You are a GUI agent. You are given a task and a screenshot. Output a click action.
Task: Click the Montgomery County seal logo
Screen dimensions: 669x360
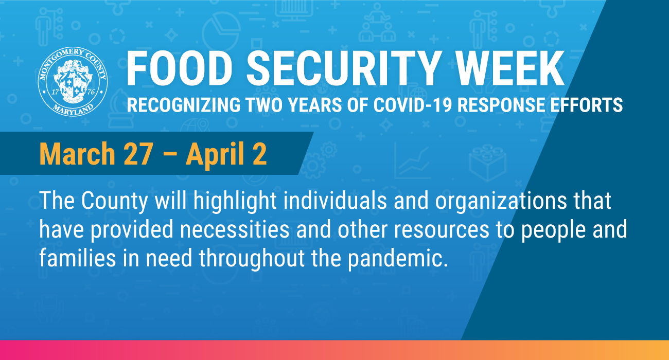click(73, 81)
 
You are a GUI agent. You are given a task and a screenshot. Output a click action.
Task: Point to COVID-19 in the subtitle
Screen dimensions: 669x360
click(413, 105)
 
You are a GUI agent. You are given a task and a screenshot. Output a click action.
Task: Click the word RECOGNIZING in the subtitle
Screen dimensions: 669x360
click(184, 105)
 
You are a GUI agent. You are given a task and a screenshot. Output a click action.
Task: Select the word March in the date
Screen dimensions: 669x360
click(77, 154)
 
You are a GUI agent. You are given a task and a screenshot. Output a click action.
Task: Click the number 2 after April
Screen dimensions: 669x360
click(259, 154)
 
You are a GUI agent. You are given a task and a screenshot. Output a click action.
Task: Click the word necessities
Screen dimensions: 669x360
click(235, 229)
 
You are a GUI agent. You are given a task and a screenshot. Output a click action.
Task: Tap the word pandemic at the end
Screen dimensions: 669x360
click(398, 259)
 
